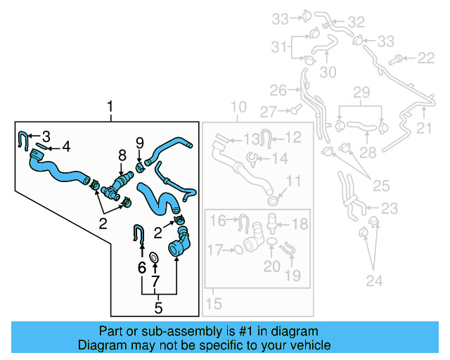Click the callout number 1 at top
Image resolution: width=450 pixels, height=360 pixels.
coord(110,107)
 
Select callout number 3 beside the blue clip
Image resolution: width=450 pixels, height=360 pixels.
coord(46,136)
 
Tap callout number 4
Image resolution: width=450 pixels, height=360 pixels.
coord(66,147)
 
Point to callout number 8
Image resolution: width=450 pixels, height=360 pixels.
coord(122,155)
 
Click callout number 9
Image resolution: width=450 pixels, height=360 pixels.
coord(139,144)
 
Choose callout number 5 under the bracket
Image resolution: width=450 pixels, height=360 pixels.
coord(158,307)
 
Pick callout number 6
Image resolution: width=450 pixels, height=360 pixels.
coord(141,267)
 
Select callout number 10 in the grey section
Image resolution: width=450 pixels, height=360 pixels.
coord(238,108)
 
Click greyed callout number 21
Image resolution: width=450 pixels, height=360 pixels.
coord(423,129)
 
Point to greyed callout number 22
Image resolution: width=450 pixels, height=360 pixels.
coord(427,58)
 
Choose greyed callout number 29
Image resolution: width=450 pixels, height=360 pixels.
coord(361,93)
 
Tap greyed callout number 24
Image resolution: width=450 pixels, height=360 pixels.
coord(374,281)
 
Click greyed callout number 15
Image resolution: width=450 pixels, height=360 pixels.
coord(215,304)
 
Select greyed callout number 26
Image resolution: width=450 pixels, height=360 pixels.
coord(278,90)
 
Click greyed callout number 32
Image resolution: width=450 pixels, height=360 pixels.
coord(356,22)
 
